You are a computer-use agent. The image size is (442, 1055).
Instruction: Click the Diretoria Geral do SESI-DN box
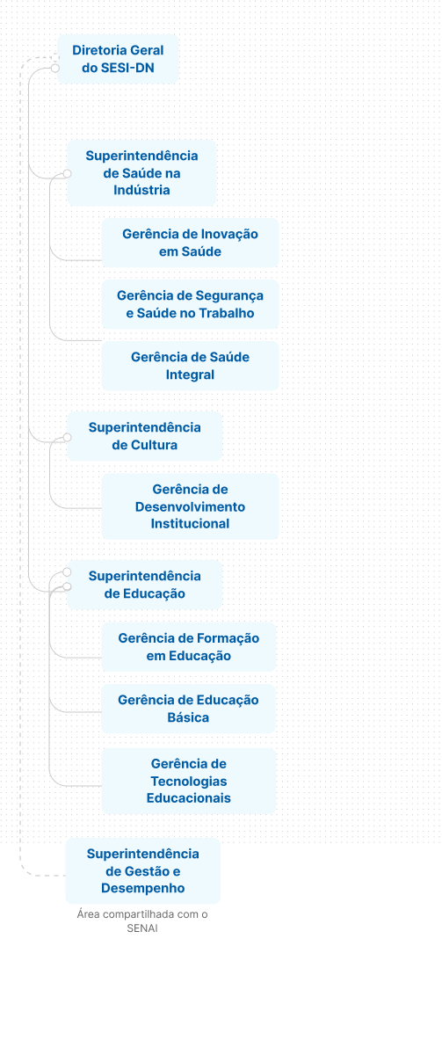click(118, 59)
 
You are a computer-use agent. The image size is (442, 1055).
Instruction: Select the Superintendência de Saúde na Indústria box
click(141, 173)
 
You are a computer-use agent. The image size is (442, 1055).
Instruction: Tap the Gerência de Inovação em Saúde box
click(190, 243)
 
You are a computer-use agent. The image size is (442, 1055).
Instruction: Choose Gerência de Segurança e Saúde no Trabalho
click(190, 304)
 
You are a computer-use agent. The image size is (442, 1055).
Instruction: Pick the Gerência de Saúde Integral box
click(190, 366)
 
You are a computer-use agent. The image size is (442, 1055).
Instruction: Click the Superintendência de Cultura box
click(144, 436)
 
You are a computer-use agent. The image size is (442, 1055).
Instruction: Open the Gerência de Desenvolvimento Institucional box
click(190, 506)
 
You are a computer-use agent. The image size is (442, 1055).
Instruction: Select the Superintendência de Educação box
click(144, 585)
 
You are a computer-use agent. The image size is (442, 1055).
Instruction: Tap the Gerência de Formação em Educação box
click(188, 647)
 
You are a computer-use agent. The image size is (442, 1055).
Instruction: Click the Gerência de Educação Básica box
click(188, 709)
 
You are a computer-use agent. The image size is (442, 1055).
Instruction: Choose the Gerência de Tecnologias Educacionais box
click(188, 781)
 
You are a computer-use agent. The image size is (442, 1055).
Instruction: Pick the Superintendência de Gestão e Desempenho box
click(143, 871)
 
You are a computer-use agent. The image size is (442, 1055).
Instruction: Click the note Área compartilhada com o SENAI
click(142, 921)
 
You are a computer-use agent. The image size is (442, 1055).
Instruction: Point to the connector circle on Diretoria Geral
click(55, 69)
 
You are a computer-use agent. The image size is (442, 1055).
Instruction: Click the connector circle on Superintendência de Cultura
click(67, 438)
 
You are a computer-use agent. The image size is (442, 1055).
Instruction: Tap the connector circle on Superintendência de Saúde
click(67, 174)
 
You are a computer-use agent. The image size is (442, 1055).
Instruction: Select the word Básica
click(188, 717)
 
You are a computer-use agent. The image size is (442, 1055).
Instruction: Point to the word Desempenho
click(143, 888)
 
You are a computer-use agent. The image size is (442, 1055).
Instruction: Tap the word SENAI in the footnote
click(142, 928)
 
